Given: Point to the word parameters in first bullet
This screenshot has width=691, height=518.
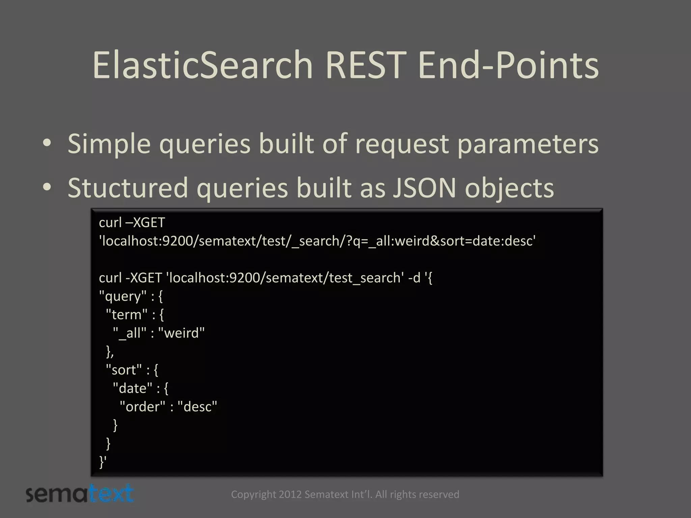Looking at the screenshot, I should click(527, 144).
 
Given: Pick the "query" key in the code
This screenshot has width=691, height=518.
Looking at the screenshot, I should click(123, 296).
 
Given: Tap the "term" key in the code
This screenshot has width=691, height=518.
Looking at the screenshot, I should click(127, 315).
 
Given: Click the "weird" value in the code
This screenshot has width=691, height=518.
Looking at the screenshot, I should click(181, 333).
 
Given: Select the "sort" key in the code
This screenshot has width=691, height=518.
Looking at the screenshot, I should click(123, 370).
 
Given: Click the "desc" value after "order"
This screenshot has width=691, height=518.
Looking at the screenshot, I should click(197, 407).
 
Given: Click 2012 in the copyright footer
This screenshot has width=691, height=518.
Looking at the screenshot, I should click(290, 494).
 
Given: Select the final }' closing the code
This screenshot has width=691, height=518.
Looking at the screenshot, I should click(103, 462).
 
